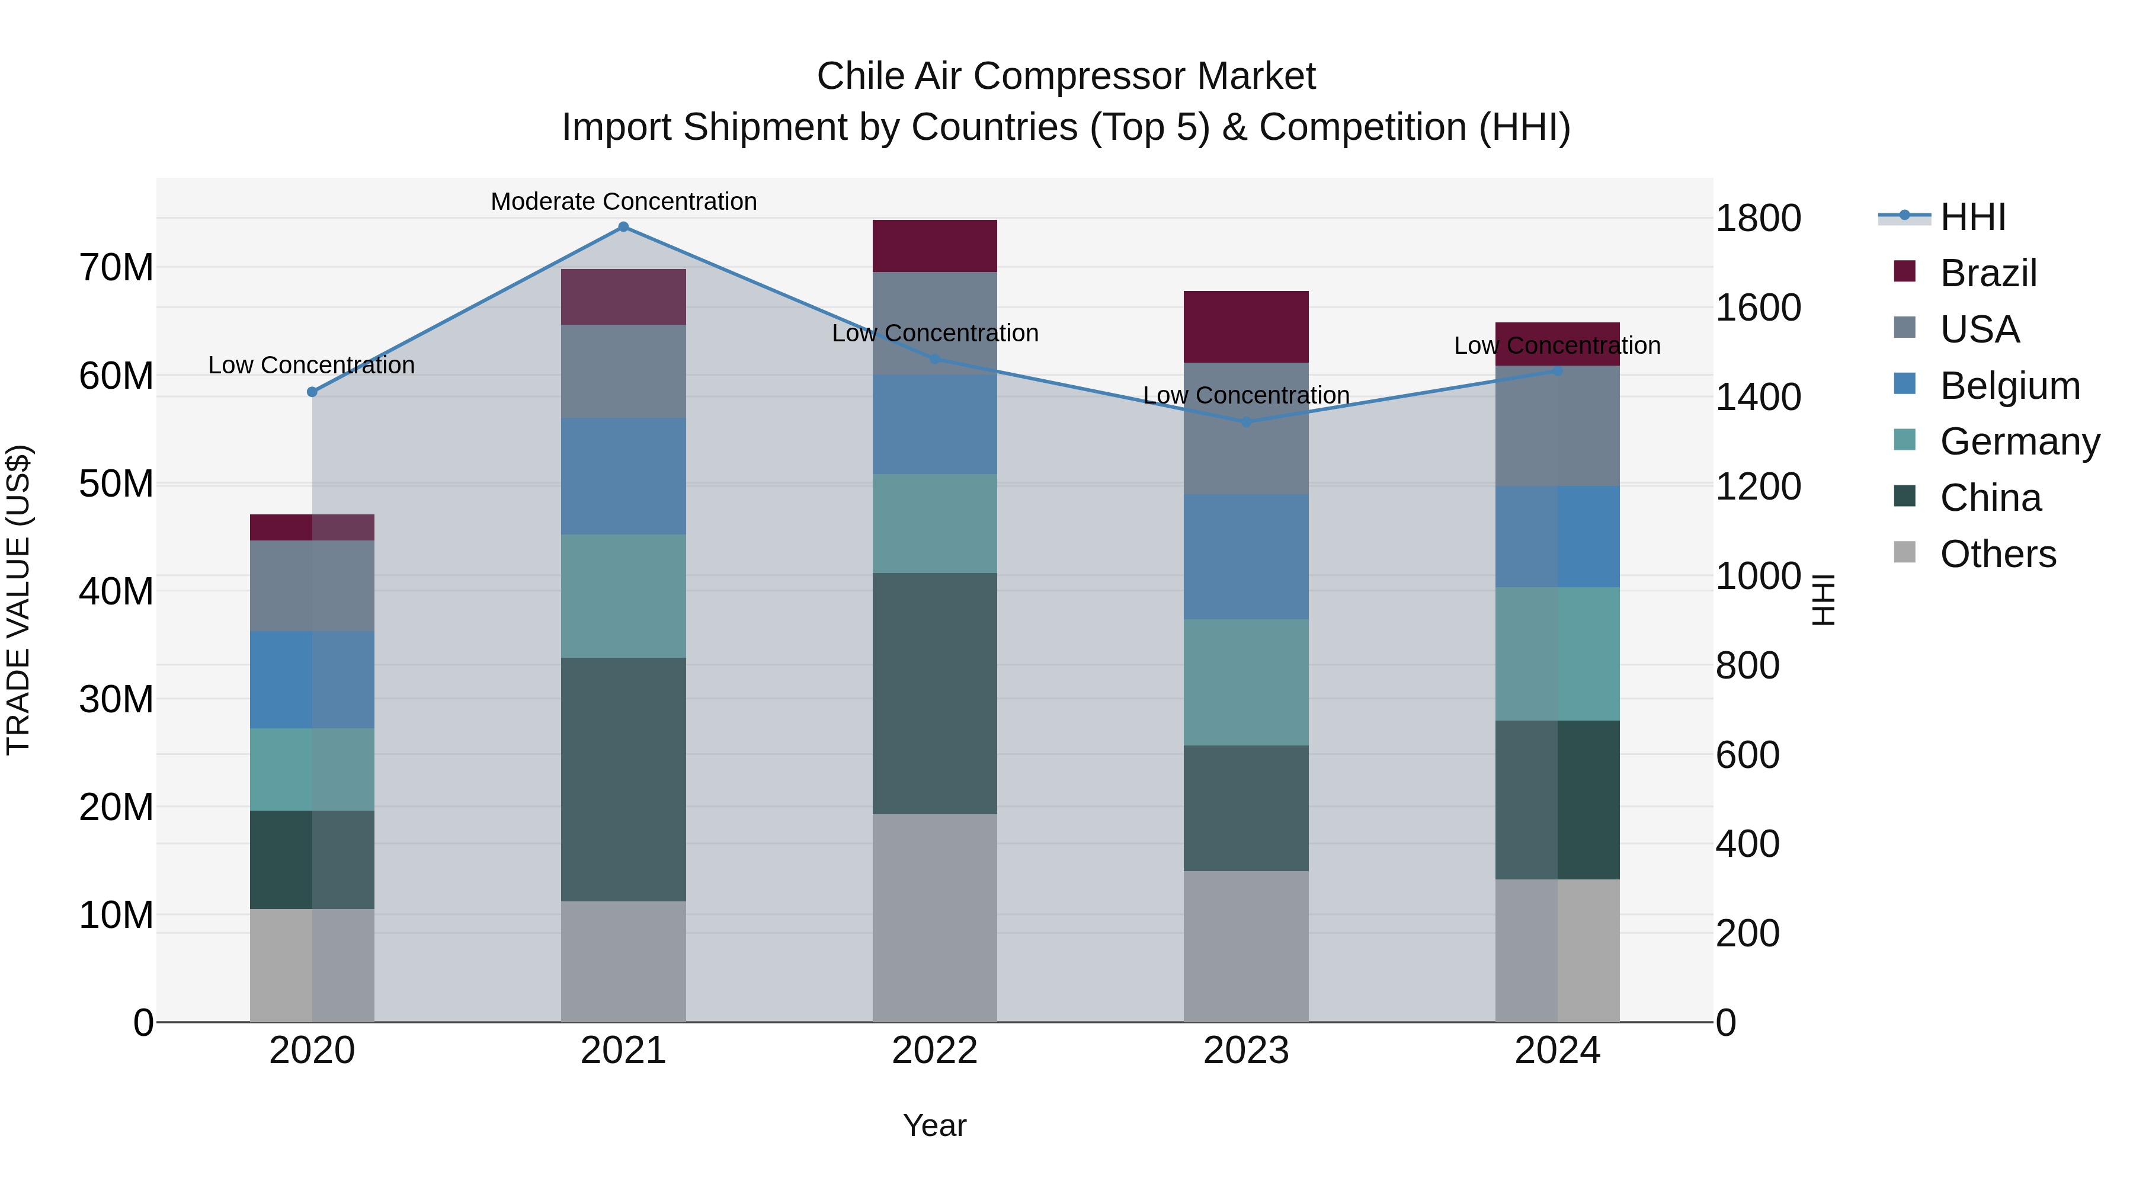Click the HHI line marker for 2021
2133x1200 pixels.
tap(623, 227)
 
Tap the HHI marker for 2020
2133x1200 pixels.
tap(312, 392)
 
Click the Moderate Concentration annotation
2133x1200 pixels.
tap(623, 201)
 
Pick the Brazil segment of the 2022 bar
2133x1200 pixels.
tap(935, 246)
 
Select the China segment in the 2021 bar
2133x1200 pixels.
tap(623, 779)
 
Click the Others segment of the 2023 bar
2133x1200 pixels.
tap(1246, 946)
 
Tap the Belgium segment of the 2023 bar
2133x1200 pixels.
tap(1246, 556)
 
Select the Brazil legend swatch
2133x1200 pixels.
tap(1904, 271)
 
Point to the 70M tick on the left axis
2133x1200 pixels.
tap(116, 267)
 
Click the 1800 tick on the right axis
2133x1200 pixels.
tap(1758, 219)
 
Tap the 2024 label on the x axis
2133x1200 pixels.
tap(1556, 1051)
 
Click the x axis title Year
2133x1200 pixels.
tap(935, 1125)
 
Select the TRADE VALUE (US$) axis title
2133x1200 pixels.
tap(18, 600)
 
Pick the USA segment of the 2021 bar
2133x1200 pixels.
tap(623, 371)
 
